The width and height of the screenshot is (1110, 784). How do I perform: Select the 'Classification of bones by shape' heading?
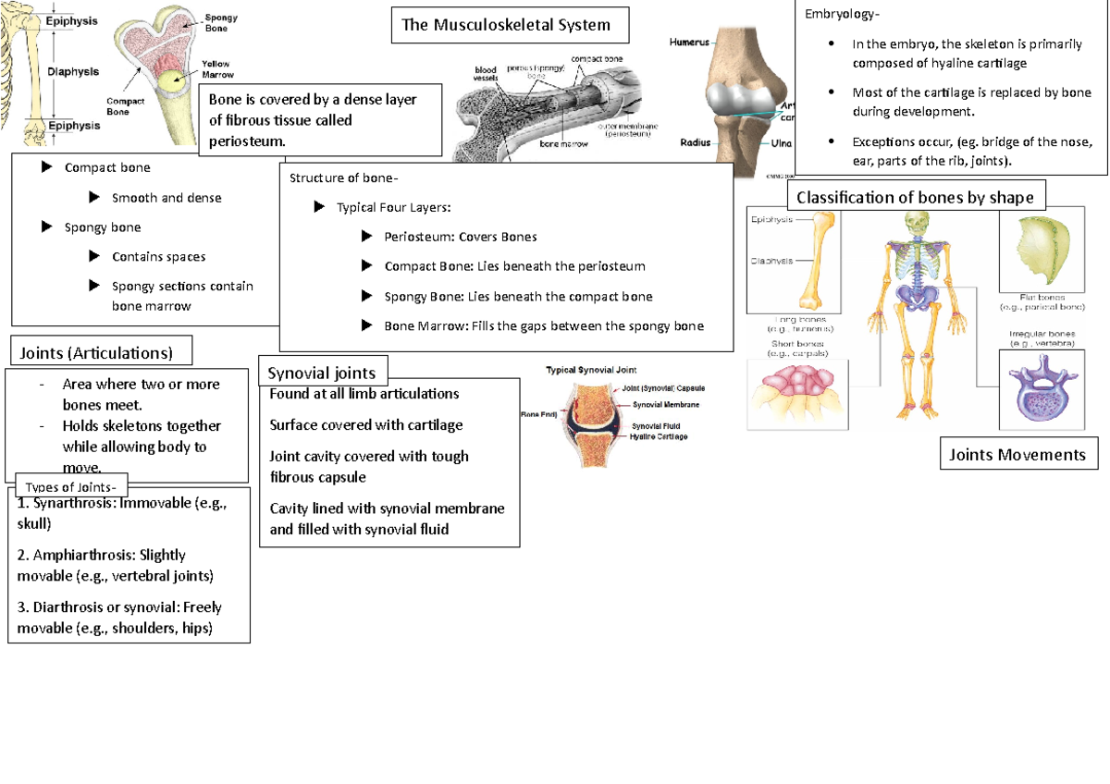click(915, 197)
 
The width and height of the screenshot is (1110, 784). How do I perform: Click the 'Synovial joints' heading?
click(322, 373)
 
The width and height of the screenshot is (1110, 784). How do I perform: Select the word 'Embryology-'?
click(843, 15)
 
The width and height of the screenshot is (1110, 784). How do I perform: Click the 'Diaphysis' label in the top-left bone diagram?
click(73, 71)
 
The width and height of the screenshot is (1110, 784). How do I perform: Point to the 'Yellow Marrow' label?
click(217, 68)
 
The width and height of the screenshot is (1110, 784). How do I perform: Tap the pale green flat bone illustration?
click(1043, 250)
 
